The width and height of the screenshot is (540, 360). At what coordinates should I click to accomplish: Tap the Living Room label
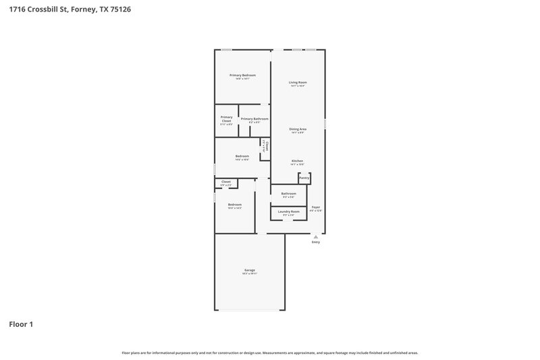[x=298, y=82]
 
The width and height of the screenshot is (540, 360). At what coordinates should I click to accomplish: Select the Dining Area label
[x=298, y=128]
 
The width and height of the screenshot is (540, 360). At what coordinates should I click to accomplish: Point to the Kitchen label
[x=298, y=161]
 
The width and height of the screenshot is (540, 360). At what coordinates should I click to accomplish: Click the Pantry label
[x=304, y=178]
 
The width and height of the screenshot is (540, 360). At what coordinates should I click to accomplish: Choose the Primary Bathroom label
[x=254, y=118]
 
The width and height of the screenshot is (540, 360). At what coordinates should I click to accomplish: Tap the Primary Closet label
[x=226, y=119]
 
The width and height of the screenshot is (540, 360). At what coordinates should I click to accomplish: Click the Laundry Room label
[x=289, y=211]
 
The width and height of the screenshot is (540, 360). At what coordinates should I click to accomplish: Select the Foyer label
[x=315, y=207]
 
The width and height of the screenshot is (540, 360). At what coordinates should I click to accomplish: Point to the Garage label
[x=250, y=270]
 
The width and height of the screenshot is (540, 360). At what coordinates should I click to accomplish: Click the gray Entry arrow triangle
[x=315, y=236]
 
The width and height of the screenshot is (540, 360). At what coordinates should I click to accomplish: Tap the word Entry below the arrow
[x=315, y=242]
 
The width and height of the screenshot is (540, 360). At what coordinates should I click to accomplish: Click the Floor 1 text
[x=21, y=324]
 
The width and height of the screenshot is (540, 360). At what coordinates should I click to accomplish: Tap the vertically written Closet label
[x=267, y=145]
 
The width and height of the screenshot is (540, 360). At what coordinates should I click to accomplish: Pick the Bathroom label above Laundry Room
[x=289, y=194]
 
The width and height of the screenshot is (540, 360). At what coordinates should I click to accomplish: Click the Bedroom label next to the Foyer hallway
[x=234, y=204]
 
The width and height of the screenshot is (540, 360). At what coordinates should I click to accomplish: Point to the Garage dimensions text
[x=250, y=274]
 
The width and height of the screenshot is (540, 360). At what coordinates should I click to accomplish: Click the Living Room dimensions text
[x=298, y=86]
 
